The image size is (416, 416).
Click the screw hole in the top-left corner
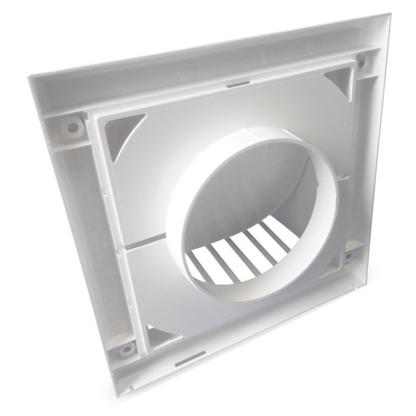(73, 128)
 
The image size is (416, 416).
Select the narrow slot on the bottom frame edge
(181, 363)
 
